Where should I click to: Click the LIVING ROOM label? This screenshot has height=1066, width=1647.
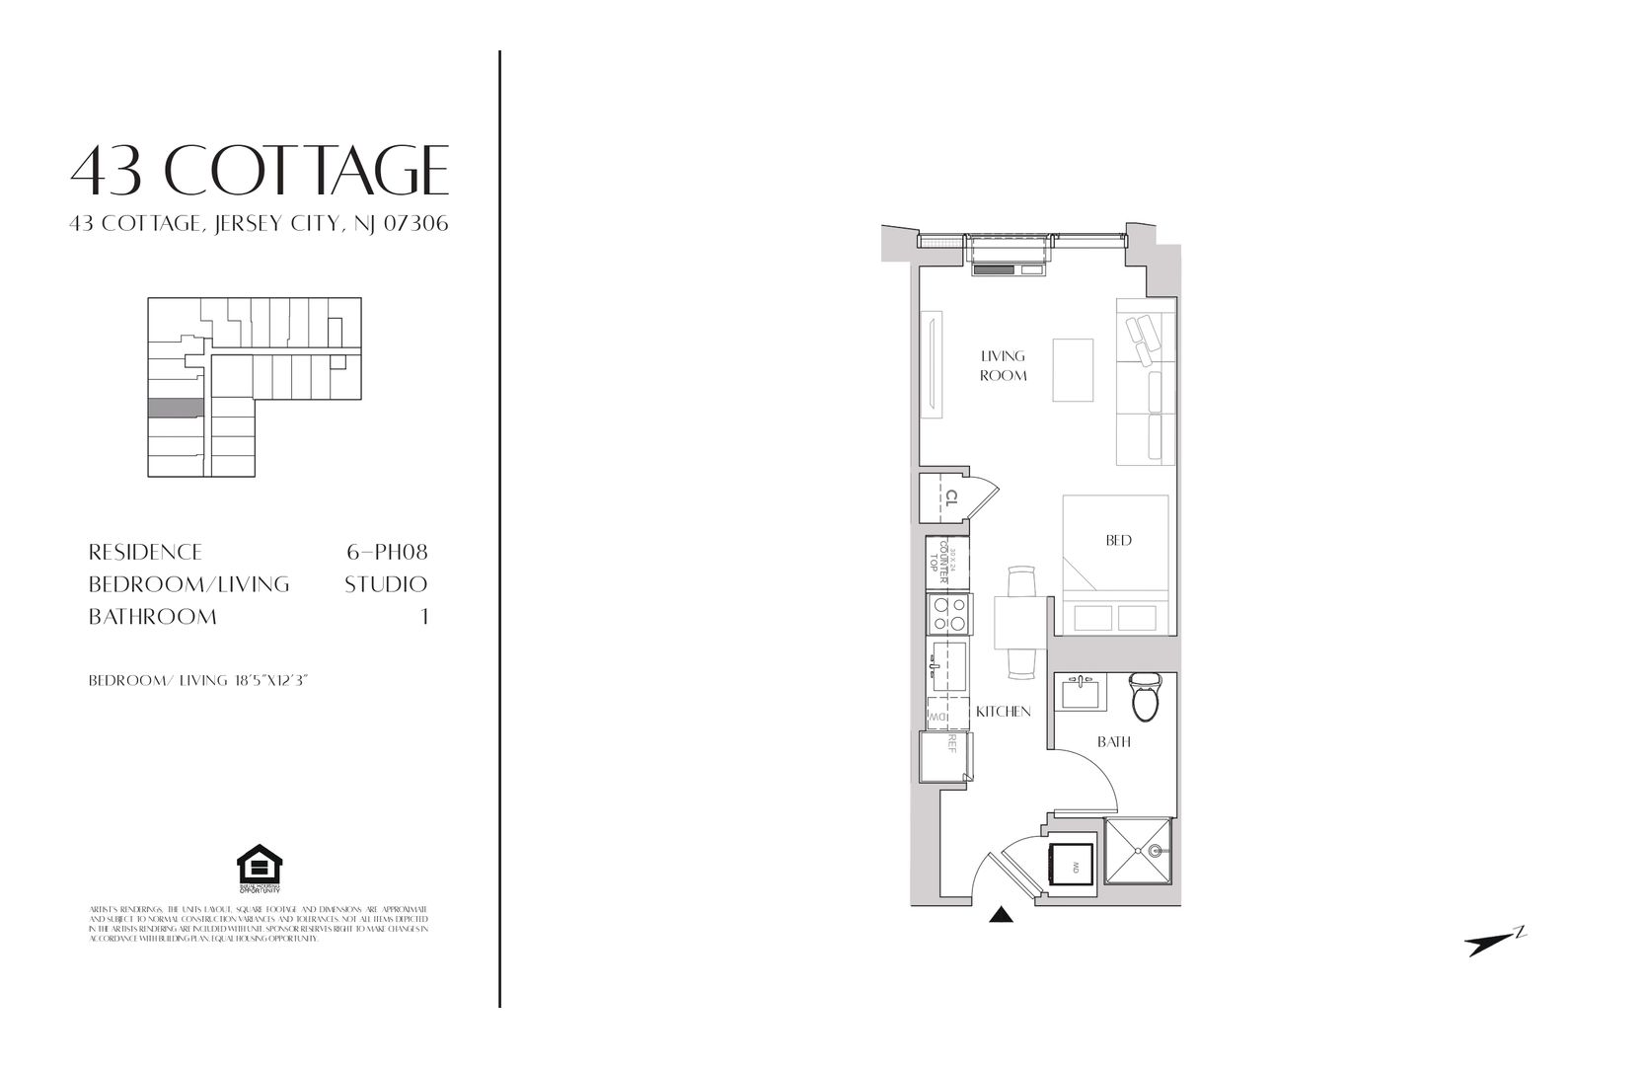coord(1003,365)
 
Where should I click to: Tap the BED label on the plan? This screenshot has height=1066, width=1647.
coord(1118,540)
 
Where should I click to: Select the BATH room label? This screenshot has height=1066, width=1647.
coord(1115,741)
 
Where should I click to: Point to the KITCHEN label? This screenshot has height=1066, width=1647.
coord(1003,712)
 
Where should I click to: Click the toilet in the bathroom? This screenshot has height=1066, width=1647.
coord(1145,696)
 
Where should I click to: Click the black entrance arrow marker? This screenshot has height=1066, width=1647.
coord(1002,916)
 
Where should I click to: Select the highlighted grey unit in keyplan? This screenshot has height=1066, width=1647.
coord(176,408)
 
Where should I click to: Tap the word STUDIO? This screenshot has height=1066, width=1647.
coord(386,584)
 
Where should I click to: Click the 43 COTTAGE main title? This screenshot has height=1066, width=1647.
coord(260,170)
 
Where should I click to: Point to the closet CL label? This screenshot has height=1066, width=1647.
coord(952,497)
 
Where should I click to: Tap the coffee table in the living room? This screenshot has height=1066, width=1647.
coord(1073,370)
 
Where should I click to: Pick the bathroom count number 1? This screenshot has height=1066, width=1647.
coord(425,617)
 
